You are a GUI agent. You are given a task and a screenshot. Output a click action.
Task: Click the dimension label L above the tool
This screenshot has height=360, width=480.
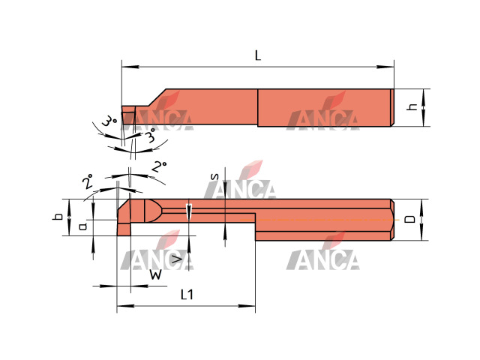click(x=258, y=55)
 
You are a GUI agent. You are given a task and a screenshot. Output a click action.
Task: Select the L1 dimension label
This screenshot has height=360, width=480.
click(x=187, y=295)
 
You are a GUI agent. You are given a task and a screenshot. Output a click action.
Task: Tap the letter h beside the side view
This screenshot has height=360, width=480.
click(x=413, y=106)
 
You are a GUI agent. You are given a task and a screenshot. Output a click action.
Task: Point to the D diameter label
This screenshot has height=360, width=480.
click(x=410, y=219)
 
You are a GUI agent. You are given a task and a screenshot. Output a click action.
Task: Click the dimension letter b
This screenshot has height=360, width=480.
click(x=58, y=217)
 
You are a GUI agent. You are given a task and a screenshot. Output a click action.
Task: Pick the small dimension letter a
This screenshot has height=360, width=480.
click(x=82, y=226)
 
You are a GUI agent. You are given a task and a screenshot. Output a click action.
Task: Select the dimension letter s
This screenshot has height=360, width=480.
click(x=215, y=177)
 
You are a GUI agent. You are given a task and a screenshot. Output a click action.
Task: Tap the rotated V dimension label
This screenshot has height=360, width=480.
click(x=177, y=259)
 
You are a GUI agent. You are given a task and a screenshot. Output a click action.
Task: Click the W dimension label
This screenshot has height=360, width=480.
click(x=155, y=274)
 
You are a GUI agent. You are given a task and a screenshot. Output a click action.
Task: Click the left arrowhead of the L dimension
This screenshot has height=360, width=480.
click(x=130, y=67)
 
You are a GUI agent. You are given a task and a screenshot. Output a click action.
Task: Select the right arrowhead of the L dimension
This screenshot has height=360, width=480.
click(x=385, y=67)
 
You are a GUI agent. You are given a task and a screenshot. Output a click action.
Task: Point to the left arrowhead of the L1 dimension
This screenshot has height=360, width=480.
click(x=125, y=306)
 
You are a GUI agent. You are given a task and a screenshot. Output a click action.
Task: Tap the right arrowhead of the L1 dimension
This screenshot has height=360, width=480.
click(x=247, y=306)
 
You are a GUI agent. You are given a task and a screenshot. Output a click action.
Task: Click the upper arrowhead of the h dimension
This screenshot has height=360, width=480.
click(x=424, y=97)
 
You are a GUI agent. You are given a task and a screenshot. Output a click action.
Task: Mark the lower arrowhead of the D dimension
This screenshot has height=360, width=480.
click(x=421, y=232)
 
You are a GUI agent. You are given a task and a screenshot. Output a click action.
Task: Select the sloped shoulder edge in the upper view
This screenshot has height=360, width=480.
click(x=157, y=98)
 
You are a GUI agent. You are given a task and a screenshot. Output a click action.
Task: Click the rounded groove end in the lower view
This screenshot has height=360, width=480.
click(x=151, y=211)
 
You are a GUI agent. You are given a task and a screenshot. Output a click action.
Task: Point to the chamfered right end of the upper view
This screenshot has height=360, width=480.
click(x=392, y=107)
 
